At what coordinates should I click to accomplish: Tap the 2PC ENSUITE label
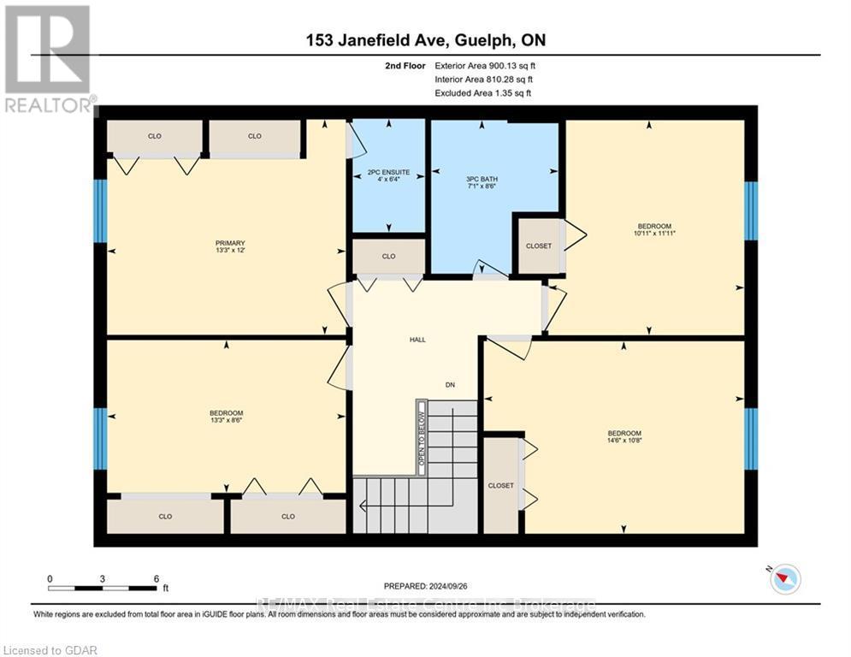[x=388, y=173]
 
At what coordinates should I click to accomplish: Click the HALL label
[x=417, y=340]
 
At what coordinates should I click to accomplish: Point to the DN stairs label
[x=449, y=385]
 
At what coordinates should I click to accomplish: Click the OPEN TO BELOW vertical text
[x=421, y=437]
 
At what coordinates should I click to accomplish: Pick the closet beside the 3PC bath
[x=538, y=246]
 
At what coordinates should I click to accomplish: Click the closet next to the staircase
[x=500, y=485]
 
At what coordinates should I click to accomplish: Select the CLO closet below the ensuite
[x=388, y=256]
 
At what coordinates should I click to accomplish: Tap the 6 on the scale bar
[x=156, y=578]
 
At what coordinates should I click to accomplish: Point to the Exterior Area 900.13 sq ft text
[x=485, y=65]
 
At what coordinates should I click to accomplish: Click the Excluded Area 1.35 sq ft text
[x=482, y=92]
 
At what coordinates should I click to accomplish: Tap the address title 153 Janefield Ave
[x=425, y=41]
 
